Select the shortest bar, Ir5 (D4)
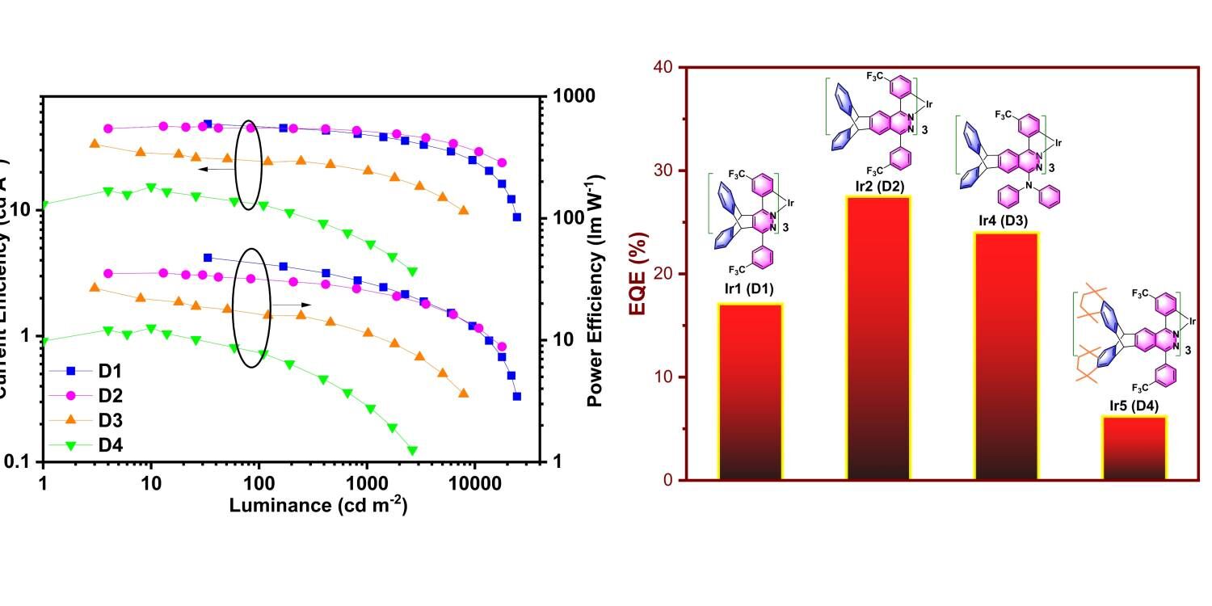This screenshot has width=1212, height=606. [1134, 448]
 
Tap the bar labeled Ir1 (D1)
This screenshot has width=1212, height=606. [751, 391]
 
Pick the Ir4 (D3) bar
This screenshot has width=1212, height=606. [1006, 356]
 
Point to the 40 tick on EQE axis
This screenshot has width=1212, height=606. [663, 67]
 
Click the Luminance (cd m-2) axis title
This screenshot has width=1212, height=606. [318, 506]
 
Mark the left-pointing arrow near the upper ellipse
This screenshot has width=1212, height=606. [213, 170]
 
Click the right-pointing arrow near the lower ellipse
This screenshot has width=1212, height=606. [291, 305]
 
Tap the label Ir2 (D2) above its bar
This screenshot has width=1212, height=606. [877, 187]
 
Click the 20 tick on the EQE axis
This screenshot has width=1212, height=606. [663, 274]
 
